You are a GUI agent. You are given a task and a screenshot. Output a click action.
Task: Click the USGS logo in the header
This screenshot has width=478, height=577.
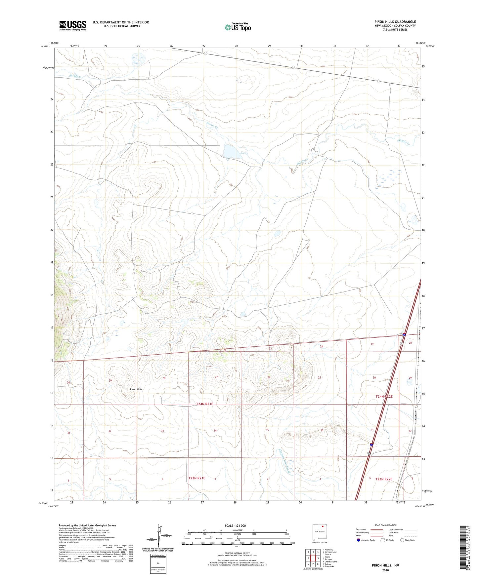click(x=73, y=25)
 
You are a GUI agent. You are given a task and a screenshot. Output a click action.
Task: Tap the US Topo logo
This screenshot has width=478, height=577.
click(x=238, y=27)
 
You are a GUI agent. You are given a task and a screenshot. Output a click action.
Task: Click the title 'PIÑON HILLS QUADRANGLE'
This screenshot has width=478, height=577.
click(x=393, y=22)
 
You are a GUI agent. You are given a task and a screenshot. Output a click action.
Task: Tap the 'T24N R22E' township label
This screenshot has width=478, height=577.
click(x=384, y=397)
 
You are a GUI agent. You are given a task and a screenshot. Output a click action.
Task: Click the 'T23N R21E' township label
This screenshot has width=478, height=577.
click(x=197, y=478)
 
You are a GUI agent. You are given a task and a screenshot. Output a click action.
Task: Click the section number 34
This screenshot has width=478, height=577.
click(x=215, y=431)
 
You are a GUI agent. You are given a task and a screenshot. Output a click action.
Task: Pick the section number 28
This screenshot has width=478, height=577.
click(x=164, y=378)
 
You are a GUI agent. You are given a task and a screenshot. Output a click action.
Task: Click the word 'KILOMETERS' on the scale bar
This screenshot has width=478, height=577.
click(x=237, y=530)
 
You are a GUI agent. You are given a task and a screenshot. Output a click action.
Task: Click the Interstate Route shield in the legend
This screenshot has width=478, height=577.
click(x=359, y=540)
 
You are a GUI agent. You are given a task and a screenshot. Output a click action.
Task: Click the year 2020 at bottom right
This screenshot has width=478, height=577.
click(x=385, y=570)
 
